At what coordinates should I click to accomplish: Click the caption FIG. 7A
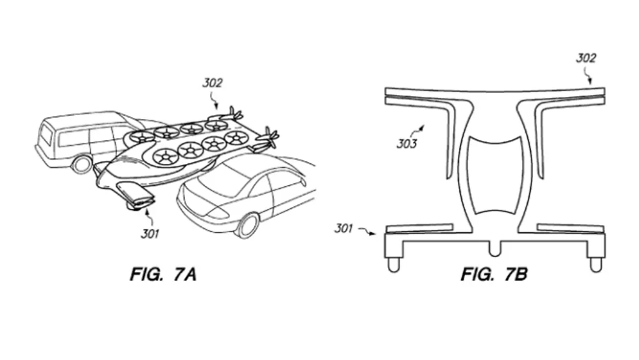pos(163,274)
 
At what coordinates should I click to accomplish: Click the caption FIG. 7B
pos(494,274)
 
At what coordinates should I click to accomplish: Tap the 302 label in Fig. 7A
pos(212,82)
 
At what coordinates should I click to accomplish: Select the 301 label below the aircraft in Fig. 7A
pos(150,234)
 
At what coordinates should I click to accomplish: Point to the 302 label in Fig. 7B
pos(585,59)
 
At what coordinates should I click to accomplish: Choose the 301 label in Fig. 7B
pos(344,228)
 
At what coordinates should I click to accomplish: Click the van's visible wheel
pos(82,163)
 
